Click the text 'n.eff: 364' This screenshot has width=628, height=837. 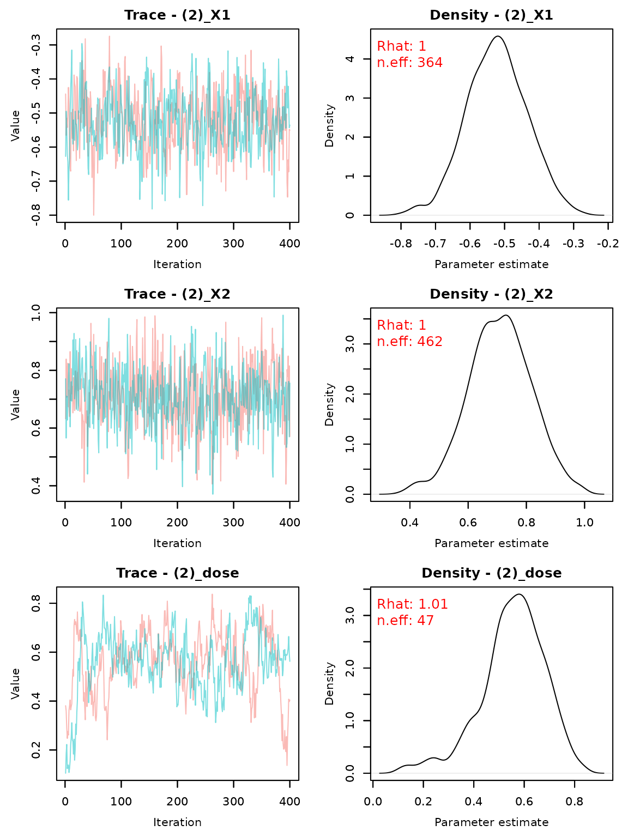(x=409, y=63)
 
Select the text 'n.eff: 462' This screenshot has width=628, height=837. (x=409, y=342)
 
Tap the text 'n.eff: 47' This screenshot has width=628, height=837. (x=405, y=621)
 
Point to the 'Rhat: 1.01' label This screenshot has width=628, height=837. (x=412, y=605)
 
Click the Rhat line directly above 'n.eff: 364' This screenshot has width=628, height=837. (x=401, y=47)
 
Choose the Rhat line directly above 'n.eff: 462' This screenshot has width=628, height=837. (x=401, y=326)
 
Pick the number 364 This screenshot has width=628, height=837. (x=430, y=63)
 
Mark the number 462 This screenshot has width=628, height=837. (x=430, y=342)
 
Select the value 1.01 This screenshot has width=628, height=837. (x=433, y=605)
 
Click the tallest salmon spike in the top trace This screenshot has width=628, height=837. (x=109, y=37)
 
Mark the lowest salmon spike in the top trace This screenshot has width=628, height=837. (x=93, y=214)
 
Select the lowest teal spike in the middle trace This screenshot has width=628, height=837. (x=213, y=493)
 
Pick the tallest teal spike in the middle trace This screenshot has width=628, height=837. (x=283, y=316)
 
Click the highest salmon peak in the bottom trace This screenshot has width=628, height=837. (x=212, y=595)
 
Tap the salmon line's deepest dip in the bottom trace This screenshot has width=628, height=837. (x=287, y=765)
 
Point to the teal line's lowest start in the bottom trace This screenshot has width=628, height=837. (x=66, y=772)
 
